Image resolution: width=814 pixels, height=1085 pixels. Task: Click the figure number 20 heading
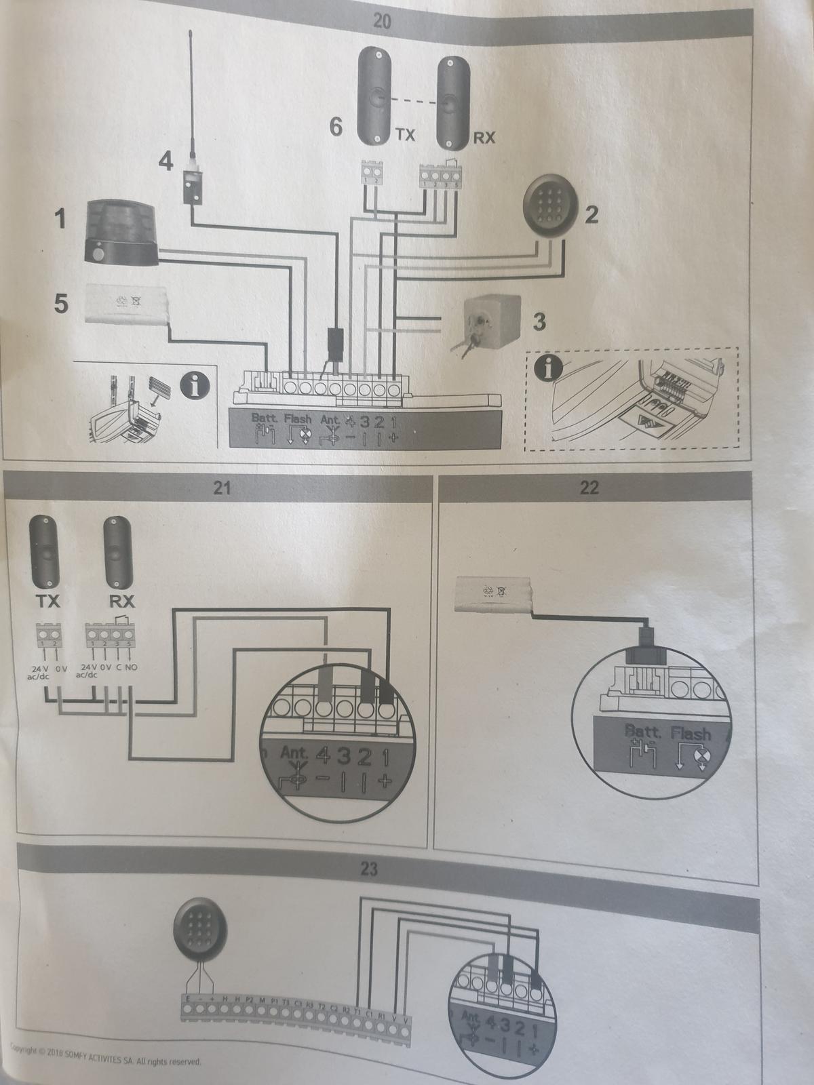click(x=382, y=20)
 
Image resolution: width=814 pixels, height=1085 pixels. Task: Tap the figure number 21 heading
click(x=222, y=488)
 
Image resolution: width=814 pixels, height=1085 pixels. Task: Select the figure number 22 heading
click(x=589, y=488)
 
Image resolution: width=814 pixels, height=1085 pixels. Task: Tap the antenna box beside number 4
click(x=191, y=184)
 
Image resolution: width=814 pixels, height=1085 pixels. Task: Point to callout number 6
click(x=335, y=127)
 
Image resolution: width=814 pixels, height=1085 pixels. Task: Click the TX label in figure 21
click(x=46, y=601)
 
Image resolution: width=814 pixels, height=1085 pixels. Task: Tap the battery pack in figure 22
click(x=493, y=597)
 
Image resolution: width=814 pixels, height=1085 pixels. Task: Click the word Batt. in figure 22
click(x=644, y=732)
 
